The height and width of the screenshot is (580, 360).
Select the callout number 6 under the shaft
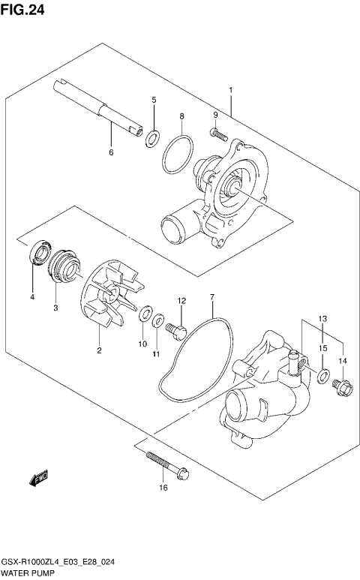[110, 152]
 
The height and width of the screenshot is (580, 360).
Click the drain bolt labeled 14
[341, 386]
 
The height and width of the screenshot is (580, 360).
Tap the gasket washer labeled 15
[322, 374]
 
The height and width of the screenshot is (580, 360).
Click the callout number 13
[320, 319]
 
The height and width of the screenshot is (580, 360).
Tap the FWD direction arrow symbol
[37, 478]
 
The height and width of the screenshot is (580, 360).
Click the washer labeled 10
[144, 314]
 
